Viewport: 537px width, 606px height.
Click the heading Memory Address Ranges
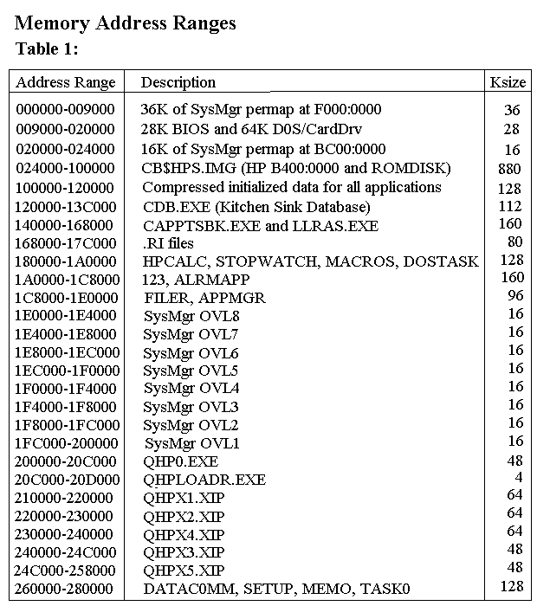click(126, 23)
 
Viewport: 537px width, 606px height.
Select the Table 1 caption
click(48, 49)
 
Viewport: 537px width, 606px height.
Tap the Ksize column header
click(508, 83)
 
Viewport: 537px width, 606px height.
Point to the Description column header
click(178, 83)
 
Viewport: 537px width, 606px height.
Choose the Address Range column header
click(66, 83)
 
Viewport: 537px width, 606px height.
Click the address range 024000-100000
click(65, 168)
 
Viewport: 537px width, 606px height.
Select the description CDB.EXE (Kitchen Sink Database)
click(256, 207)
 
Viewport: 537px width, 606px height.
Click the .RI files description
click(168, 243)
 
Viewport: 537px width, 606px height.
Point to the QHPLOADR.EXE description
click(204, 479)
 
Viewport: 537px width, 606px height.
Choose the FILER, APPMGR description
click(204, 298)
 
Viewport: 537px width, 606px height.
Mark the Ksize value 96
click(515, 295)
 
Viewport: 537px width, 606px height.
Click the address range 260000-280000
click(65, 589)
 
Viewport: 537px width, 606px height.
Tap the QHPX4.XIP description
click(184, 534)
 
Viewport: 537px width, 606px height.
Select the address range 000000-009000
click(65, 110)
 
